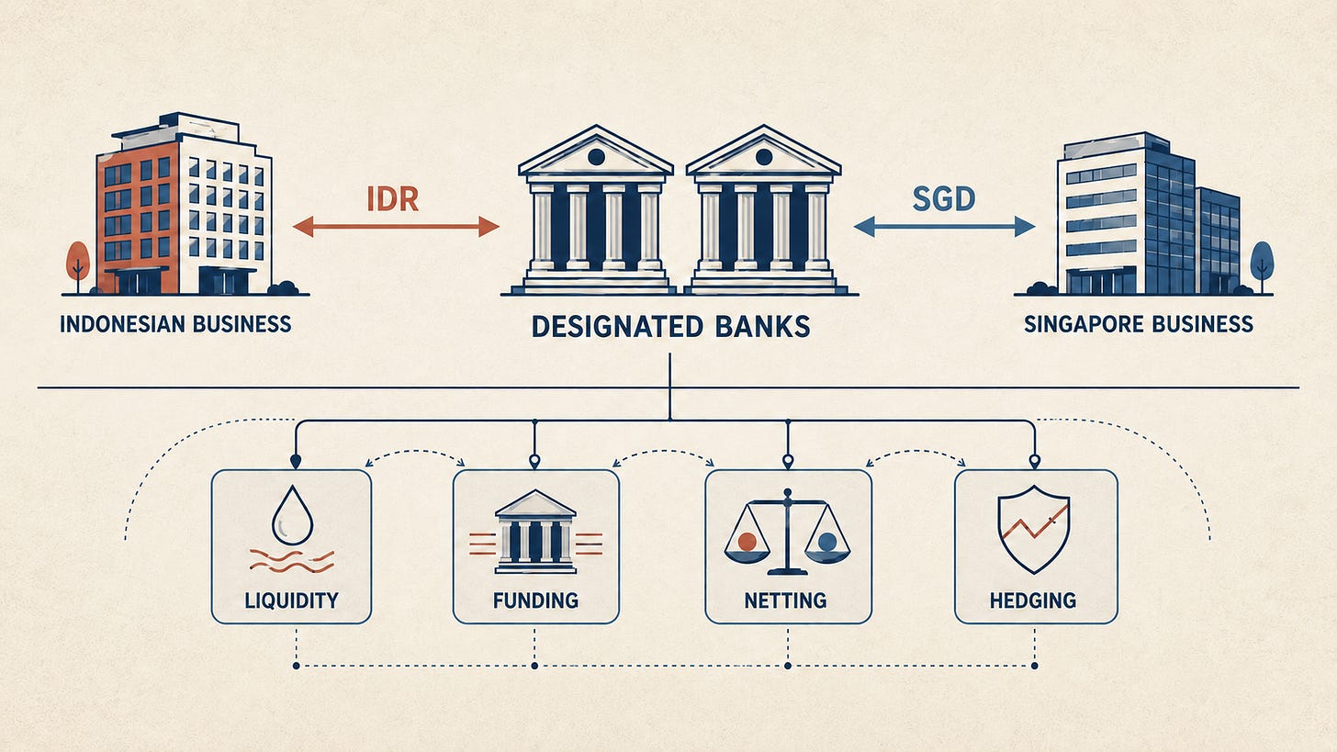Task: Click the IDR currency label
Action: coord(392,199)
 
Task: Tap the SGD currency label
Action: coord(944,199)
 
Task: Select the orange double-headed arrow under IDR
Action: coord(396,227)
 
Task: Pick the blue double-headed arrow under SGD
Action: coord(944,227)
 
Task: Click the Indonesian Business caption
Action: coord(175,324)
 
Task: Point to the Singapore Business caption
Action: coord(1139,324)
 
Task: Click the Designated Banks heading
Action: coord(670,327)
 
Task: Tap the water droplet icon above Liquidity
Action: coord(292,515)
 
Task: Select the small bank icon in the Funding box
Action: coord(535,533)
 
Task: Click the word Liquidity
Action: coord(291,600)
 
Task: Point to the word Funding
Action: coord(535,600)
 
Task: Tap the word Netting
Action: coord(785,600)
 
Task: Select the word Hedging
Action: coord(1032,600)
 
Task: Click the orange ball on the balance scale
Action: coord(747,542)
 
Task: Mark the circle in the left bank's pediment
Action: coord(596,158)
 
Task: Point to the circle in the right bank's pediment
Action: coord(764,158)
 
